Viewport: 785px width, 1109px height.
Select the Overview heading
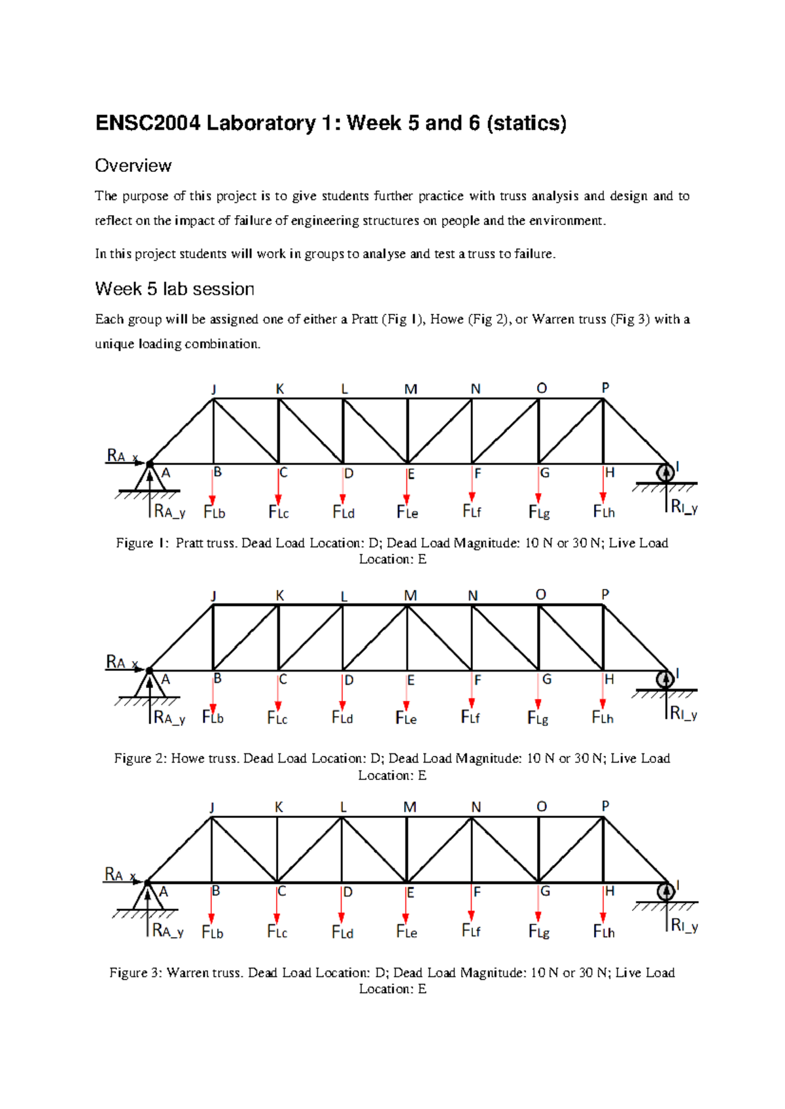tap(133, 165)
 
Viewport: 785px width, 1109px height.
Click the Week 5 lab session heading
tap(174, 289)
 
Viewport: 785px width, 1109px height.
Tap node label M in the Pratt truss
tap(410, 389)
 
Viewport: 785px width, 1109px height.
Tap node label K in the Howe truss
tap(280, 596)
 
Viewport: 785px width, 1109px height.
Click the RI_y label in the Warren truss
tap(685, 926)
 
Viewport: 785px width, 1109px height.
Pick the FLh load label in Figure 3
tap(603, 931)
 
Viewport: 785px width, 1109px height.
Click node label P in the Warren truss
tap(605, 806)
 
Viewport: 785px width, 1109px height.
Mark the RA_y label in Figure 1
tap(169, 511)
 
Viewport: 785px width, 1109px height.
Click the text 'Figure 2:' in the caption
tap(140, 759)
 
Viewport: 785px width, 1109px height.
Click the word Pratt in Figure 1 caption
tap(190, 543)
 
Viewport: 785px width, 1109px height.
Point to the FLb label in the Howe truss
tap(213, 717)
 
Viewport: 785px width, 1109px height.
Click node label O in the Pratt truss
tap(542, 388)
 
